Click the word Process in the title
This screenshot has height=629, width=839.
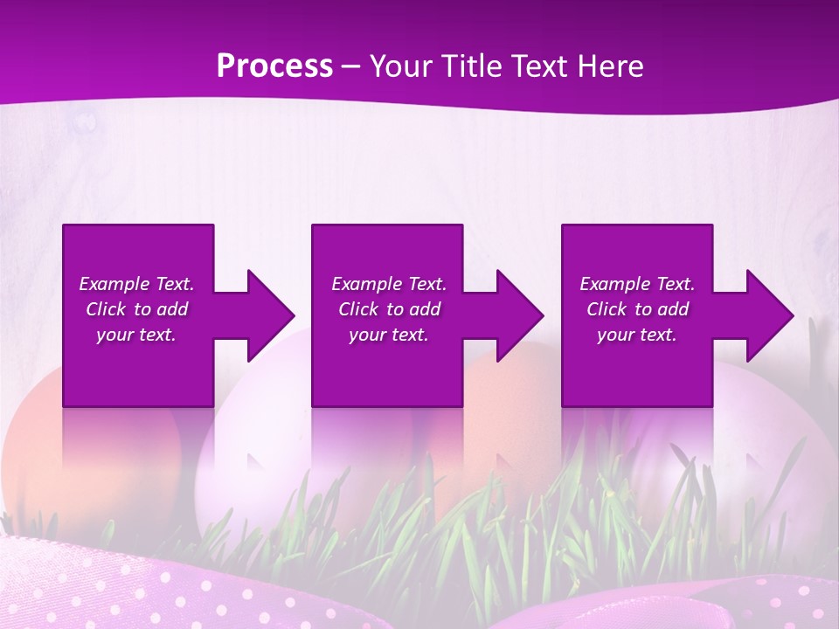(274, 66)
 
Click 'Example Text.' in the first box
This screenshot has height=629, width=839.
(136, 284)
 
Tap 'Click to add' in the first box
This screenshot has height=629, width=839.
(136, 309)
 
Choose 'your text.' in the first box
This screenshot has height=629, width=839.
(136, 335)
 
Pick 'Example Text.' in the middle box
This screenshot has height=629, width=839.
(388, 284)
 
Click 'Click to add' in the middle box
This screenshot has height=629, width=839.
(388, 309)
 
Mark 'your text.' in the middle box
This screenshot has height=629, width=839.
(388, 335)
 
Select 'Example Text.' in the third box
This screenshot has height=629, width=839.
(637, 284)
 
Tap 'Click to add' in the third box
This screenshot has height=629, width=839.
(637, 309)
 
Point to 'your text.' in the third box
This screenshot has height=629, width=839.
(637, 335)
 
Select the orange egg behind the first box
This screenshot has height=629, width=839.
(35, 437)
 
